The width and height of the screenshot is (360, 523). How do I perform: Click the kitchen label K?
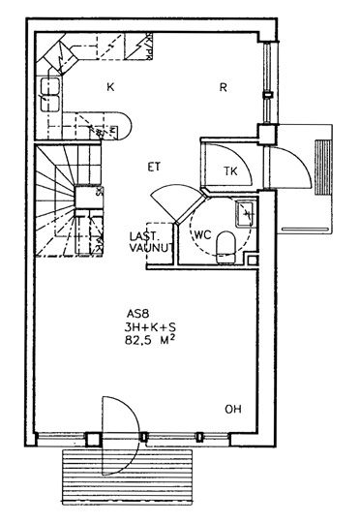coord(110,87)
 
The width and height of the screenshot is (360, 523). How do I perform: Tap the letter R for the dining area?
coord(224,87)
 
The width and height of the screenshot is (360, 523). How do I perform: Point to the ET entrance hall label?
coord(154,167)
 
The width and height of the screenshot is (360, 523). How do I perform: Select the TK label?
coord(230,171)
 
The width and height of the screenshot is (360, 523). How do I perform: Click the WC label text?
coord(202,234)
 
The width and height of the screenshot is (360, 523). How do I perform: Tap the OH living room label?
coord(233,409)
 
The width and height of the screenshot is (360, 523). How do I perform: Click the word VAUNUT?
coord(151,248)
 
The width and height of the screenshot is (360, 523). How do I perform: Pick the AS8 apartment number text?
coord(137,314)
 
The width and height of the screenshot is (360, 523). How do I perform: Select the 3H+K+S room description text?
coord(150,327)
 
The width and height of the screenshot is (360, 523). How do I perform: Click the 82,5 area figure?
coord(138,341)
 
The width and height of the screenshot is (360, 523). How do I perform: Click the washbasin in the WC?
coord(246,214)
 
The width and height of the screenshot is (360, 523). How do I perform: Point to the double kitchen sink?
coord(50,94)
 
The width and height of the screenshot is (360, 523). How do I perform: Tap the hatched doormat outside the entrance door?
coord(323,168)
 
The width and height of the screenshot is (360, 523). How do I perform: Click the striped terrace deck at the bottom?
coord(128,477)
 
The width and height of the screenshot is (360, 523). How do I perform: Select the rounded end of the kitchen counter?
coord(123,126)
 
